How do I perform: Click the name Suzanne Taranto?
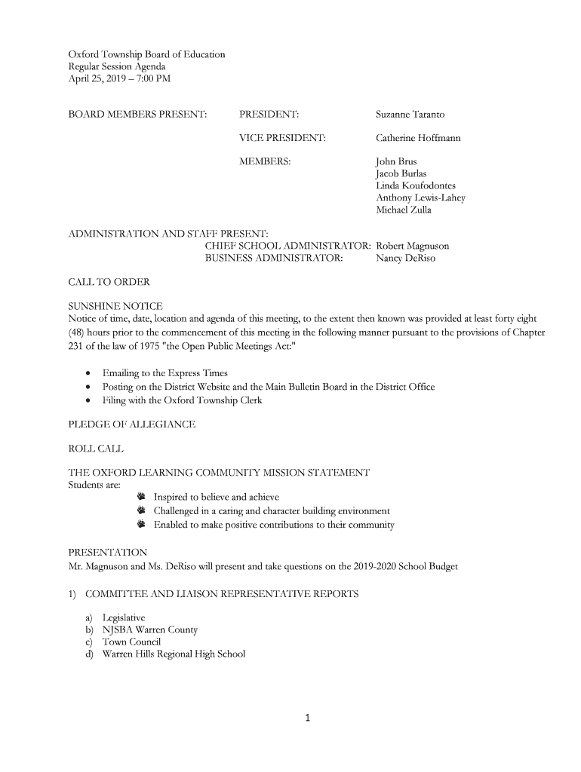tap(410, 115)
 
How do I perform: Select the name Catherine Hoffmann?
tap(418, 138)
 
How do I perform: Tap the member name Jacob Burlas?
tap(401, 174)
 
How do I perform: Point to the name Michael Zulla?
tap(404, 210)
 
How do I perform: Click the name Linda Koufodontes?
tap(415, 186)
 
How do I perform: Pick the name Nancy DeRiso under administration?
tap(405, 258)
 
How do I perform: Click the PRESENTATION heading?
tap(108, 553)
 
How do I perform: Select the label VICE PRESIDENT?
tap(282, 138)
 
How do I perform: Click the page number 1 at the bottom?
tap(308, 718)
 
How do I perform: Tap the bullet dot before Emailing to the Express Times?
tap(90, 374)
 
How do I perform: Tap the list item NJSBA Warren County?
tap(149, 630)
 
